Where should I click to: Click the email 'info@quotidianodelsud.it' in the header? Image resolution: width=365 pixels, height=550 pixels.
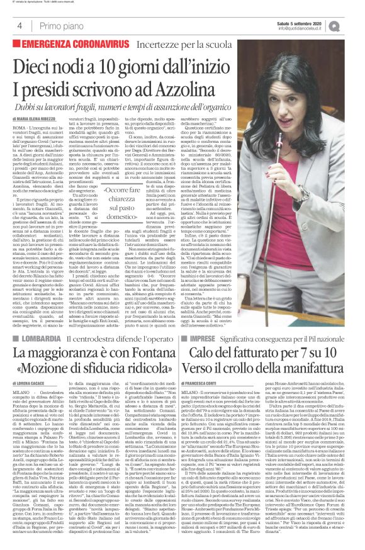(313, 29)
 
